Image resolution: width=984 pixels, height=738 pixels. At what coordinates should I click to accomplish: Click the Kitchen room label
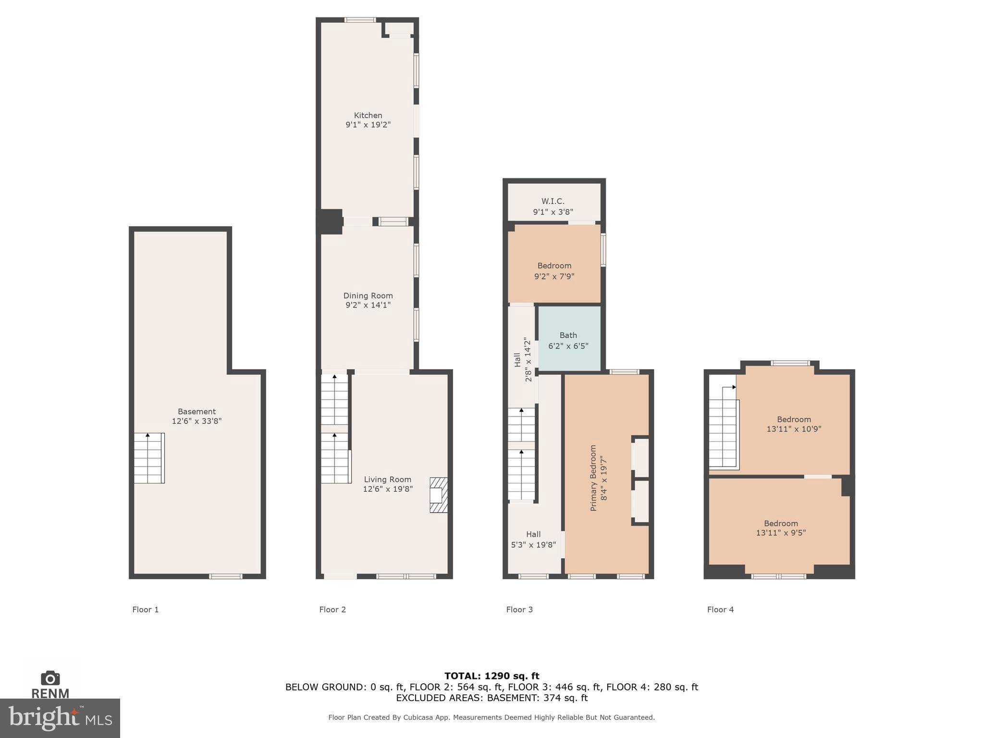pos(368,115)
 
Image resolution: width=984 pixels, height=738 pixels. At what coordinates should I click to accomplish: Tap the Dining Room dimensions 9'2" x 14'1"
pos(368,305)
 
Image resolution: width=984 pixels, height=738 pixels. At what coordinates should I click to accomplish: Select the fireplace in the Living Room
pos(438,495)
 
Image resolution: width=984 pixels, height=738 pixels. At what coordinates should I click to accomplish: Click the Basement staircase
pos(149,458)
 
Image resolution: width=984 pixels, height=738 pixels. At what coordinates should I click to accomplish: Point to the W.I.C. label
pos(553,201)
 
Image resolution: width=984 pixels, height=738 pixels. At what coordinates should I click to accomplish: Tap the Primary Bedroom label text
pos(593,478)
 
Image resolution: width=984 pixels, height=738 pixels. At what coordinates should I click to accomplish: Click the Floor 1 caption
pos(146,610)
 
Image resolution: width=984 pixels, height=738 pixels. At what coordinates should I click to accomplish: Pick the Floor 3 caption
pos(519,610)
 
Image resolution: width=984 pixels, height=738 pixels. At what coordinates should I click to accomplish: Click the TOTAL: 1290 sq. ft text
pos(492,676)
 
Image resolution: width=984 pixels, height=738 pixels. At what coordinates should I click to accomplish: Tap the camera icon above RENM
pos(50,678)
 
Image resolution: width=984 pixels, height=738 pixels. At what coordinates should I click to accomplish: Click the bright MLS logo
pos(60,718)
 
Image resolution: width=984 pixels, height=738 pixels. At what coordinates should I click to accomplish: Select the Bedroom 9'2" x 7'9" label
pos(554,271)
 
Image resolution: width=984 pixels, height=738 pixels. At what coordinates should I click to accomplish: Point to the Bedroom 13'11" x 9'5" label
pos(781,528)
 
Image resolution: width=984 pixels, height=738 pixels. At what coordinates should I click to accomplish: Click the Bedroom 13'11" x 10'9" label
pos(794,424)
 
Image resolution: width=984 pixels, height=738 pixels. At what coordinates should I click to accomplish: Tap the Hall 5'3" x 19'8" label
pos(533,540)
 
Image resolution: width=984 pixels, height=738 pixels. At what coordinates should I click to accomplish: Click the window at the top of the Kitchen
pos(360,20)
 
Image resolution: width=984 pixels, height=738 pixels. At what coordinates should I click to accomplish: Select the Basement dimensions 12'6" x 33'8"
pos(197,421)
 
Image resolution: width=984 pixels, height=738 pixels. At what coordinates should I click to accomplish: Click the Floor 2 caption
pos(332,610)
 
